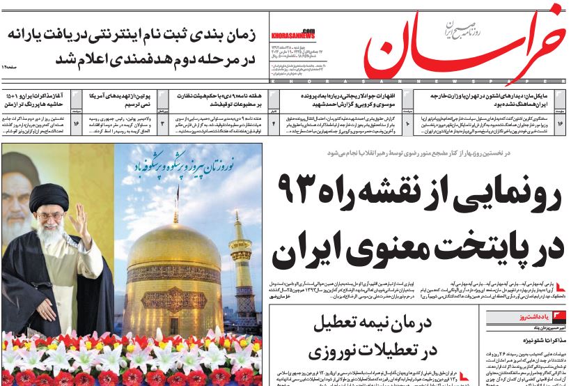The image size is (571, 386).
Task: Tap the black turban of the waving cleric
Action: pos(48,199)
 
